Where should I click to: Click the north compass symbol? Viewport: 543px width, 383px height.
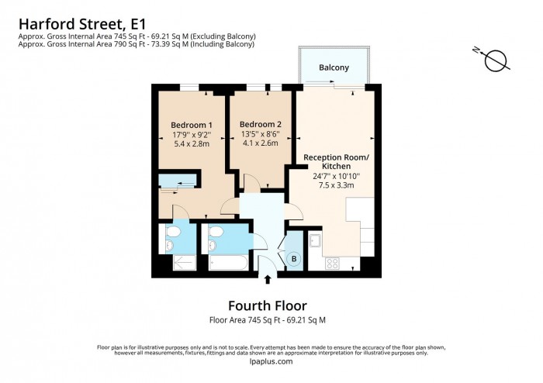pyautogui.click(x=495, y=60)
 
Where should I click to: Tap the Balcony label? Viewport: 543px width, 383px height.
pyautogui.click(x=334, y=67)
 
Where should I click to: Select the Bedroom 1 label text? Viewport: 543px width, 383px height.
pyautogui.click(x=192, y=125)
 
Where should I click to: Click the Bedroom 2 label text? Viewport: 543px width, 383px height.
pyautogui.click(x=260, y=125)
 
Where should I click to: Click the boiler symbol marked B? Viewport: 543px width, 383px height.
pyautogui.click(x=294, y=259)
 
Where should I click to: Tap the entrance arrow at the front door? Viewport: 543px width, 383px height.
pyautogui.click(x=268, y=279)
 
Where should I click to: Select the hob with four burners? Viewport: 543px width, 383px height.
pyautogui.click(x=331, y=262)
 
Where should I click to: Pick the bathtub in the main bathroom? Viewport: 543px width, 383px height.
pyautogui.click(x=227, y=263)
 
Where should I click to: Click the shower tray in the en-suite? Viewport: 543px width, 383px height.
pyautogui.click(x=183, y=262)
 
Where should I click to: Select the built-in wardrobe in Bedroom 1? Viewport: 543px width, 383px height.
pyautogui.click(x=178, y=183)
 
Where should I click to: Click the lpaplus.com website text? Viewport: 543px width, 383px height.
pyautogui.click(x=271, y=361)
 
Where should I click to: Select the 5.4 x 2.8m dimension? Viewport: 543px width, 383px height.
pyautogui.click(x=192, y=144)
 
